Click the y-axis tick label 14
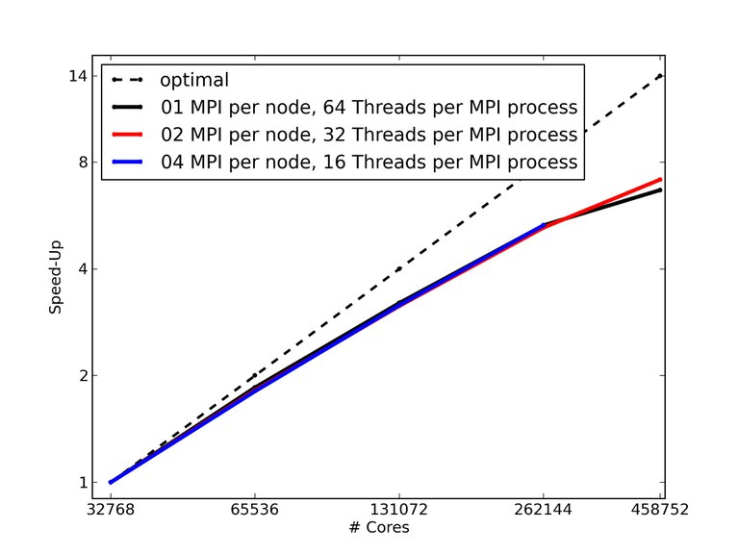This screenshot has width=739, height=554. tap(78, 76)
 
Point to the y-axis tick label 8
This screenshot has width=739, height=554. tap(82, 163)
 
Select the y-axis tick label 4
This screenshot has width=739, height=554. tap(82, 269)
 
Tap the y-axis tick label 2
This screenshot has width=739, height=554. tap(82, 376)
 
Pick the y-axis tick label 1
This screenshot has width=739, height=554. tap(82, 483)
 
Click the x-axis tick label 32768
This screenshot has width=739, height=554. tap(111, 510)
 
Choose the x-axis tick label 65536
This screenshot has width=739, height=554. tap(255, 510)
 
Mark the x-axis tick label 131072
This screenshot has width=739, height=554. tap(399, 510)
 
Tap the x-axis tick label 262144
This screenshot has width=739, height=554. tap(544, 510)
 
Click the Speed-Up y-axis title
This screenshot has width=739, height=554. tap(56, 279)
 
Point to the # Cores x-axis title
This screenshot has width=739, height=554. tap(381, 528)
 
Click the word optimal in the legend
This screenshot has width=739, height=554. tap(194, 80)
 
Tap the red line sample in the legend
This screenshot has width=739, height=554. tap(127, 135)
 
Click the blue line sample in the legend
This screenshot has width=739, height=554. tap(127, 162)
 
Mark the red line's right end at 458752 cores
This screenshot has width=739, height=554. tap(661, 179)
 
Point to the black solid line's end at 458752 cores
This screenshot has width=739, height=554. tap(661, 190)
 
